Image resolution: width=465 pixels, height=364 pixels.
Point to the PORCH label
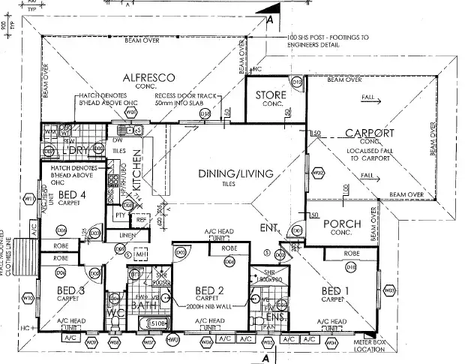[x=341, y=224]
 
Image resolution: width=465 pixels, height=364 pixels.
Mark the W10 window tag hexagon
[x=28, y=298]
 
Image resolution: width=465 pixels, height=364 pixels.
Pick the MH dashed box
[x=141, y=256]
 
